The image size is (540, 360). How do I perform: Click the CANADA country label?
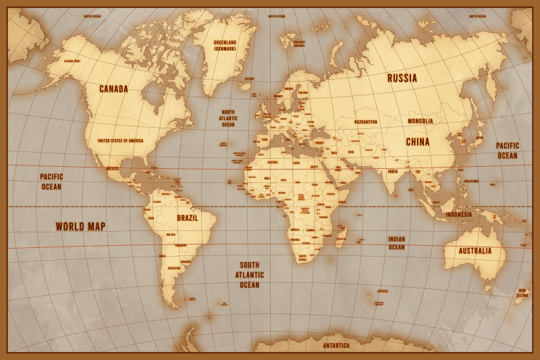tap(113, 89)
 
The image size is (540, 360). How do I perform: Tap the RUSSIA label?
tap(402, 78)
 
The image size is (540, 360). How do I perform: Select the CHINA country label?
tap(417, 142)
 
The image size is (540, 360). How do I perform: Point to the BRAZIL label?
tap(187, 218)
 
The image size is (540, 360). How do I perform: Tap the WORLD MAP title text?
tap(80, 226)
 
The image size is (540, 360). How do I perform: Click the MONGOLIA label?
tap(420, 122)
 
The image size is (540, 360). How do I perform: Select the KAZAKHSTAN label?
tap(366, 122)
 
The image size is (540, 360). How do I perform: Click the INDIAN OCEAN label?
tap(396, 243)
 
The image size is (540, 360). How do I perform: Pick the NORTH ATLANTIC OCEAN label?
tap(228, 119)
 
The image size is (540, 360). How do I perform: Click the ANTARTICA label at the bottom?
tap(336, 346)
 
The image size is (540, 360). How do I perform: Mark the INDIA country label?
tap(392, 172)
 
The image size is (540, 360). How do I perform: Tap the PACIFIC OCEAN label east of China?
tap(508, 150)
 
